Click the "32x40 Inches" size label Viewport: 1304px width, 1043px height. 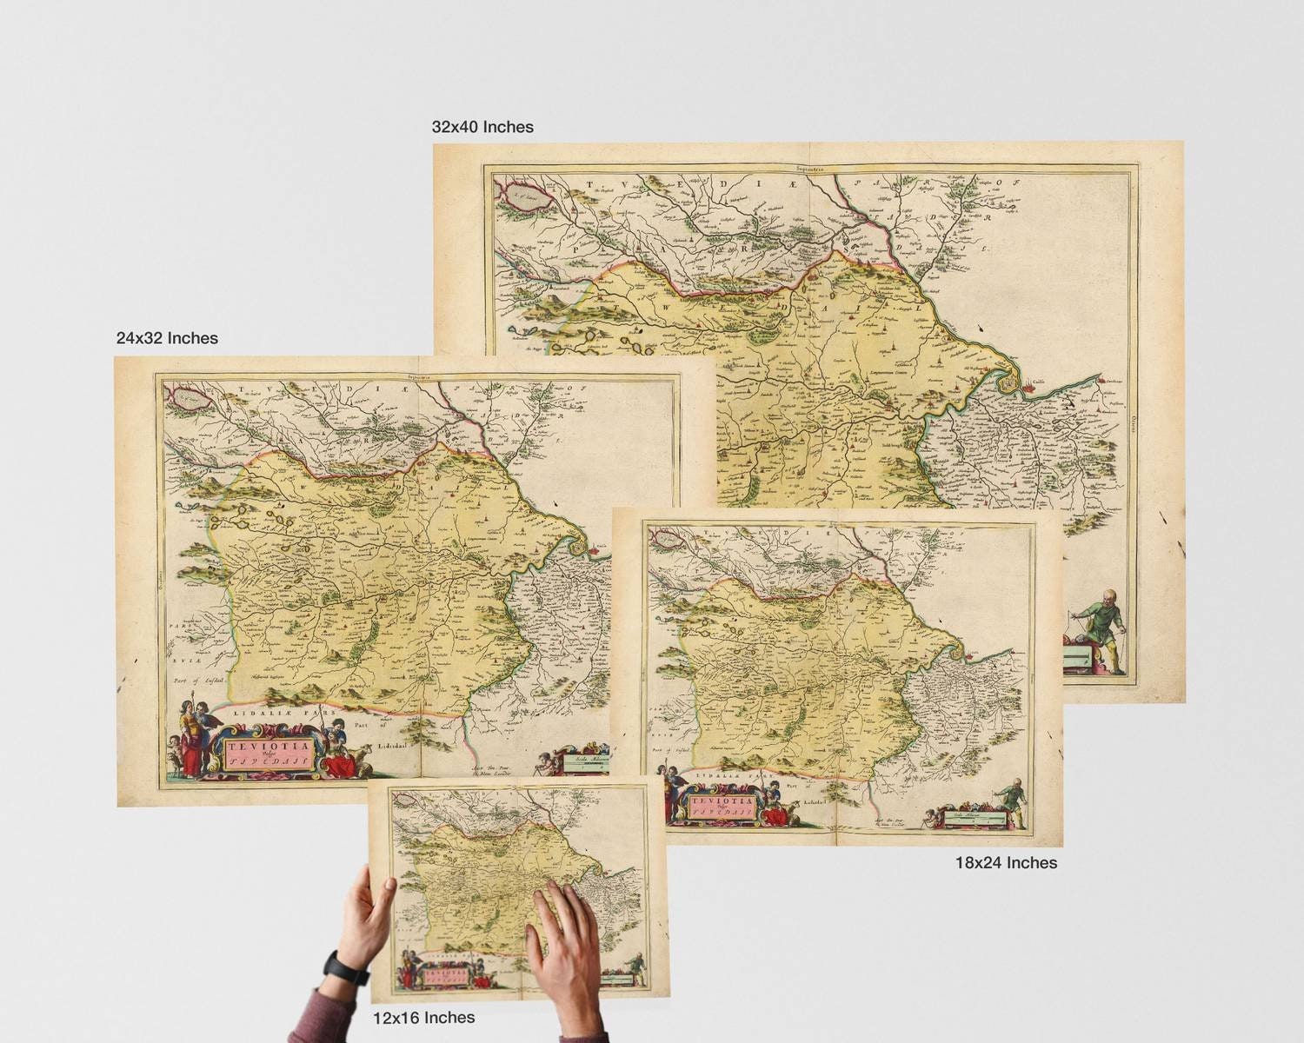click(482, 127)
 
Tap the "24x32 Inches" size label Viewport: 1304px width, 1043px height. click(167, 337)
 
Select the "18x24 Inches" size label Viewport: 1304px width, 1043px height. click(1006, 862)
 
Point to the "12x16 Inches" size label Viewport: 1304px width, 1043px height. click(423, 1017)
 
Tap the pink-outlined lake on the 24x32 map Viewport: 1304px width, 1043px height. click(188, 398)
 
